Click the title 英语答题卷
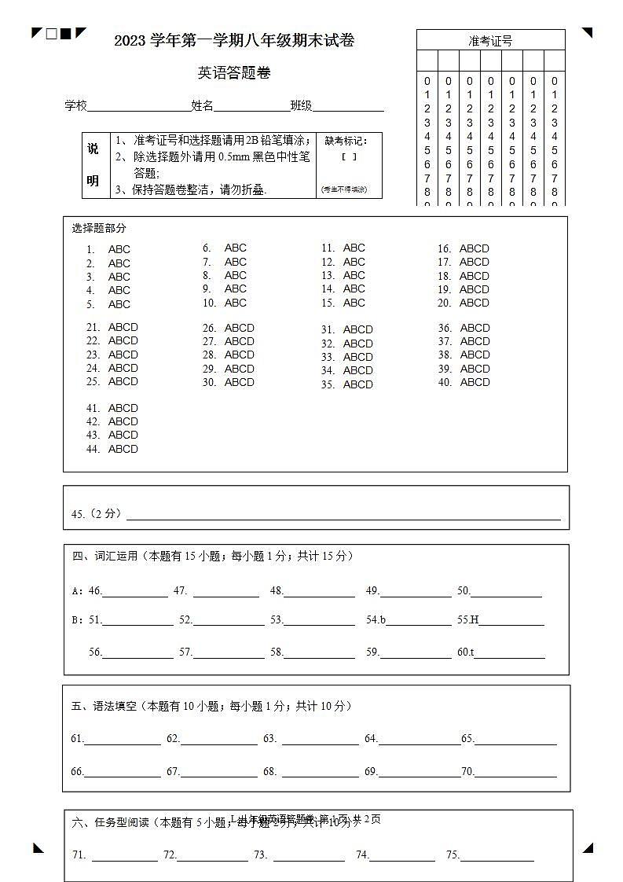point(234,73)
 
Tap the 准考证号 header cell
point(490,40)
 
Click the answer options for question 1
point(119,250)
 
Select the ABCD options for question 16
point(475,248)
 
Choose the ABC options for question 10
point(236,303)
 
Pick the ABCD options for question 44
point(123,449)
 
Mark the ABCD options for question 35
point(358,384)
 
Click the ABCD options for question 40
point(475,382)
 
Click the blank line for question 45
point(343,516)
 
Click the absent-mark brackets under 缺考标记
point(349,157)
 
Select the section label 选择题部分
point(99,228)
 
